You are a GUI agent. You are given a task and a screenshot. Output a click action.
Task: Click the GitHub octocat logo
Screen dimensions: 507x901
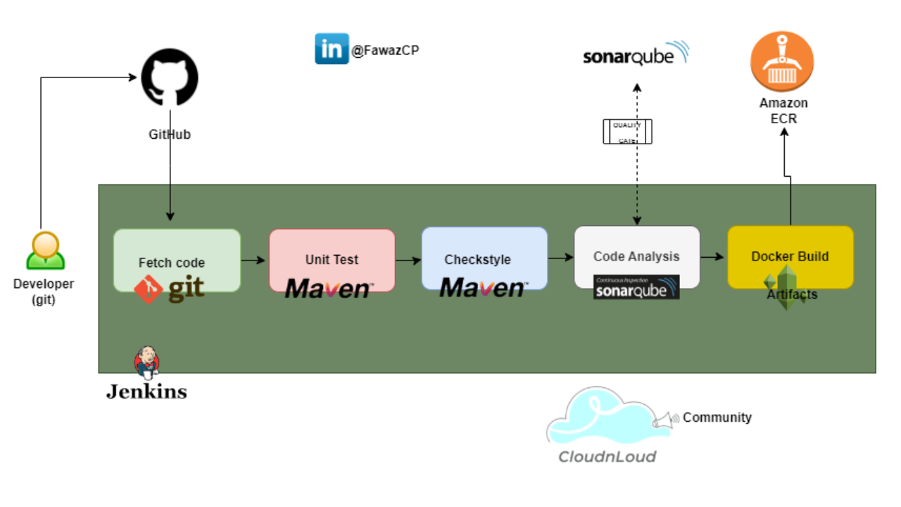pos(170,78)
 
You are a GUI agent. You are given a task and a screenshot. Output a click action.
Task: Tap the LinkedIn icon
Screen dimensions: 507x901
pos(332,49)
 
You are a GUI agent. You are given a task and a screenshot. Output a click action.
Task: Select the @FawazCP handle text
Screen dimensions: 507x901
pos(385,51)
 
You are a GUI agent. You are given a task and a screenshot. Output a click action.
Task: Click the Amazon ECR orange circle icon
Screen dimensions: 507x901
pos(782,62)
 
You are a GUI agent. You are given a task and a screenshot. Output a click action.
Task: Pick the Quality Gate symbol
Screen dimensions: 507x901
pos(627,132)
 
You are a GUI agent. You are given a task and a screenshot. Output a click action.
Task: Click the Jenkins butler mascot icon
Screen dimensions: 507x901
pos(146,362)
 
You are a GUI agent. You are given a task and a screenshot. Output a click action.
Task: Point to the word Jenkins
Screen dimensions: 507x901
pos(146,392)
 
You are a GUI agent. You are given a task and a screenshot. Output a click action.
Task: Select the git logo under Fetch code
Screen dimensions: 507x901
pos(170,289)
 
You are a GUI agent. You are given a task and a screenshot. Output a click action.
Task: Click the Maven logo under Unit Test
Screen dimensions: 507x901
pos(329,288)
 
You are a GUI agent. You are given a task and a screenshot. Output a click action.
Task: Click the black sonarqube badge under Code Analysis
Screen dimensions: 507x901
pos(636,287)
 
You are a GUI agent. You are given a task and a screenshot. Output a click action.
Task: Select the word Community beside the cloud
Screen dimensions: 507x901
pos(717,418)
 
